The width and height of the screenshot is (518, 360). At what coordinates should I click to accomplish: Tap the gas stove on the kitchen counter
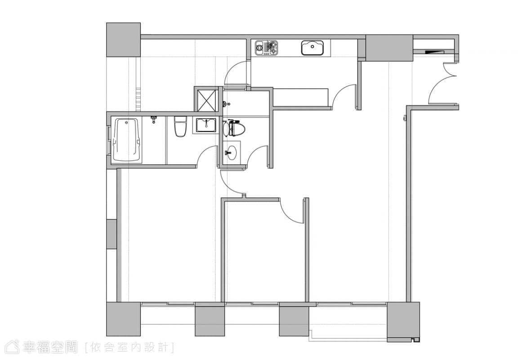click(x=266, y=48)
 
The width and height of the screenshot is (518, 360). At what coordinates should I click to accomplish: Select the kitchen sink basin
click(x=312, y=47)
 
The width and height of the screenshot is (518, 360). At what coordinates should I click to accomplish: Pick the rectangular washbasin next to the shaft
click(x=206, y=126)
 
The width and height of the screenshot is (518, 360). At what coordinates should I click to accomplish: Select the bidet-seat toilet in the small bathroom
click(x=234, y=129)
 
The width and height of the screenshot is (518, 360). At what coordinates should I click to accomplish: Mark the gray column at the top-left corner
click(x=123, y=40)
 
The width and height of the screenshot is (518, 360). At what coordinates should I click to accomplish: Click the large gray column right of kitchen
click(x=389, y=48)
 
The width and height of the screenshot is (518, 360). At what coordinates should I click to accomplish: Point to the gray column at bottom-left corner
click(x=123, y=319)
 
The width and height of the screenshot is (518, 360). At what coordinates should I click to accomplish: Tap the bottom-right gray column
click(x=403, y=319)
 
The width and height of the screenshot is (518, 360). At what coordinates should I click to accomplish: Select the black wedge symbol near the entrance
click(x=434, y=52)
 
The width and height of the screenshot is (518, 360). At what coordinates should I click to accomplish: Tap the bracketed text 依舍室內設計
click(x=129, y=347)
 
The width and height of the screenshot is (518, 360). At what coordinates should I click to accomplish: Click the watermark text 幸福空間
click(x=50, y=347)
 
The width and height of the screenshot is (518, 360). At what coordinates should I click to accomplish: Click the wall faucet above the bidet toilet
click(x=226, y=104)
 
